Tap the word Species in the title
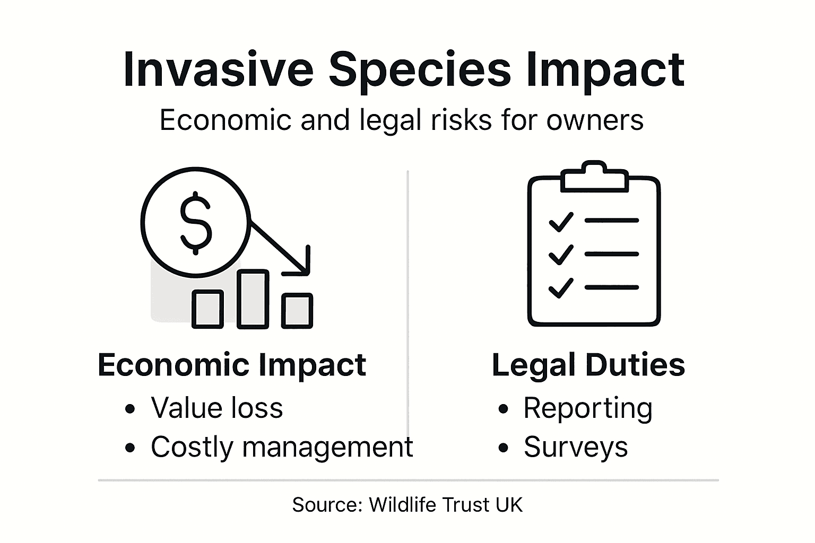419,70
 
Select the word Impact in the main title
605,70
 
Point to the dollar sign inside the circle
196,223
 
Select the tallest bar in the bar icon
253,299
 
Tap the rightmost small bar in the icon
297,310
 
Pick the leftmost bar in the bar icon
207,309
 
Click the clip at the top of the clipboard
594,178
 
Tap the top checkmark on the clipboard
561,222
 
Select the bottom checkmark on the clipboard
561,288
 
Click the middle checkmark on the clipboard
561,255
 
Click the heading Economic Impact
232,365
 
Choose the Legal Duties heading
588,365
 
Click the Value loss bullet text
216,408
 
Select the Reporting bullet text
588,408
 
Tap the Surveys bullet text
576,447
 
